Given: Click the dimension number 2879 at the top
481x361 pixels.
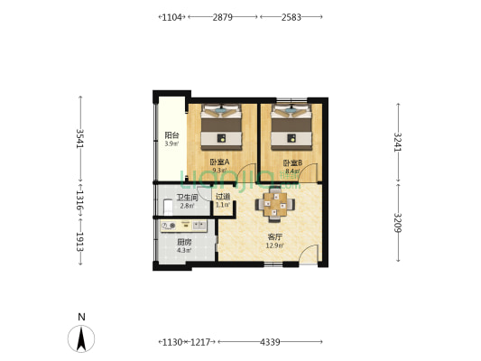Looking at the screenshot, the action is click(x=222, y=17).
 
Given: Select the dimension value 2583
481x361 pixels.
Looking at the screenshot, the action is click(x=291, y=17).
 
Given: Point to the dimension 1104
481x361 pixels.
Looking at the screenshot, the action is click(x=171, y=17).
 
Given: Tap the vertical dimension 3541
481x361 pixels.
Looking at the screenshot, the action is click(x=80, y=138).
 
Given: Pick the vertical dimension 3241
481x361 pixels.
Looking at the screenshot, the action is click(x=398, y=142).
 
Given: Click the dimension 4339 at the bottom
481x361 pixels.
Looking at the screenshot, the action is click(x=270, y=342).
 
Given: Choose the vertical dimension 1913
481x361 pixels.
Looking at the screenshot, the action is click(x=80, y=242).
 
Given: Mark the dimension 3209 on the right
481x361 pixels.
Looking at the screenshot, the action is click(x=398, y=222).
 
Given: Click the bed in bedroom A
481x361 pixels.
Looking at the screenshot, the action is click(x=221, y=127).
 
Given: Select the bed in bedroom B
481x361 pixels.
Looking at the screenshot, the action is click(x=291, y=127).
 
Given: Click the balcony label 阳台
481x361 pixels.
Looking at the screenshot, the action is click(x=171, y=135).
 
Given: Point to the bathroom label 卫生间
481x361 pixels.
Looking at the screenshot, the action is click(x=187, y=198).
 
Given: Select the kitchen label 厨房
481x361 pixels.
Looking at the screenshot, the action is click(x=184, y=242).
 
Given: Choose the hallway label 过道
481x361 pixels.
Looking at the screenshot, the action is click(x=223, y=197).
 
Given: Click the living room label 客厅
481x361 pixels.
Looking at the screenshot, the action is click(x=275, y=237).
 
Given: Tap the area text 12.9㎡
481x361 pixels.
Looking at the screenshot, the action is click(x=275, y=245).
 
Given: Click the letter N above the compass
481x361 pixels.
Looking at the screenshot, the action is click(x=81, y=317).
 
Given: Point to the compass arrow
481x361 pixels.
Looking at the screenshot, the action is click(x=81, y=339).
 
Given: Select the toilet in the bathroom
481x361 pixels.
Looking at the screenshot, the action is click(x=168, y=208).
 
